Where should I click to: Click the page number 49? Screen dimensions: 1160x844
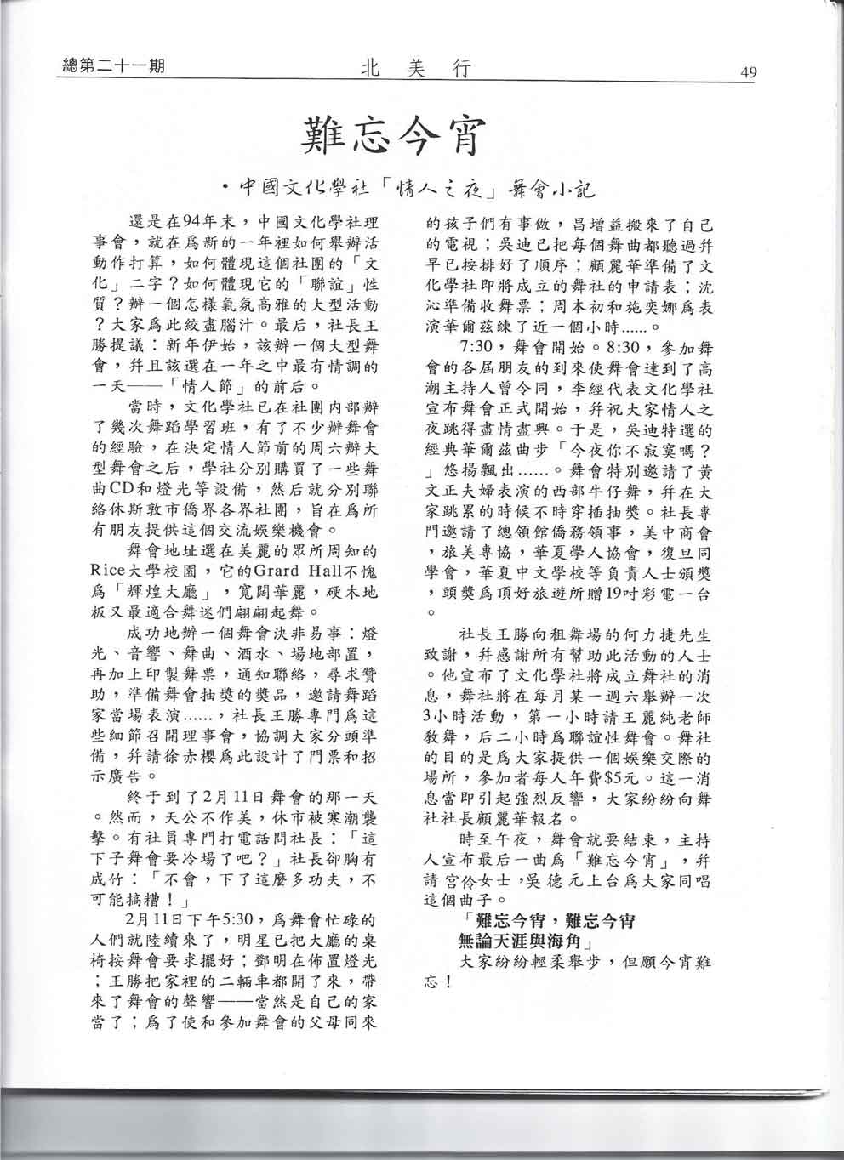pyautogui.click(x=749, y=71)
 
